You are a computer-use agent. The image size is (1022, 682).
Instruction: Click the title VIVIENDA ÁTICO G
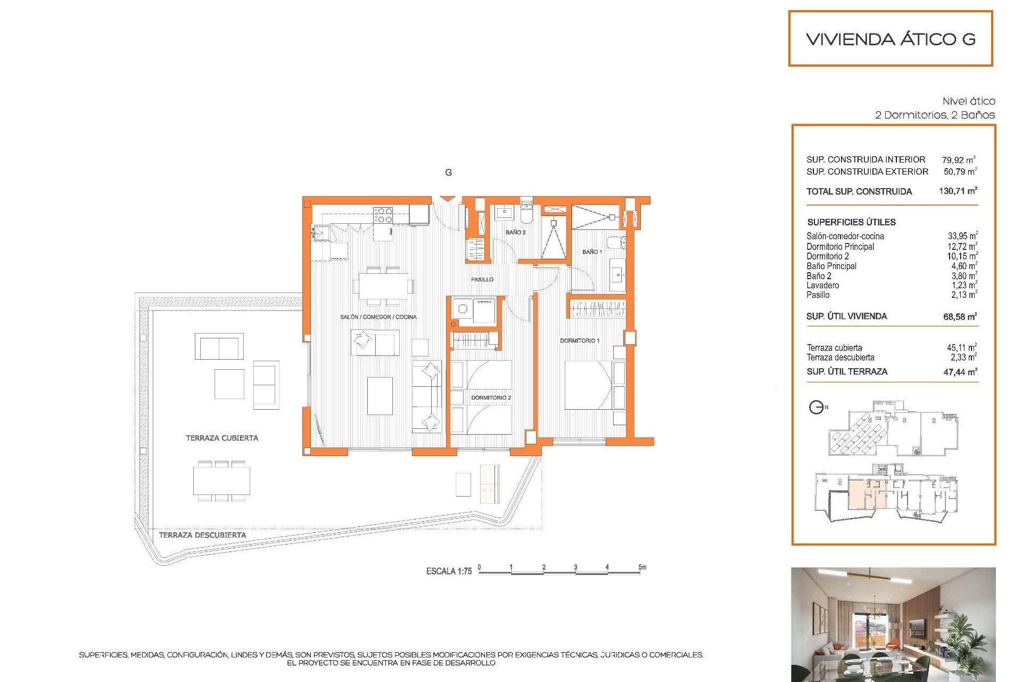(891, 39)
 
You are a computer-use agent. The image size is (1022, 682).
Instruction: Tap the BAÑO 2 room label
(515, 232)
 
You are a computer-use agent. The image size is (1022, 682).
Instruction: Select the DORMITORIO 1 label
(579, 340)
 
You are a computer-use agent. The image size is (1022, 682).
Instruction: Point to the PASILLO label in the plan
(482, 279)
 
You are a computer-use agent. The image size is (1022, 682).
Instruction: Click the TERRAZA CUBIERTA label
(221, 438)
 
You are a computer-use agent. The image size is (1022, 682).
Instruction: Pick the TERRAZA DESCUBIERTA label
(202, 535)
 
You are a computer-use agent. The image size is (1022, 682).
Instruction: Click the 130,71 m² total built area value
(958, 191)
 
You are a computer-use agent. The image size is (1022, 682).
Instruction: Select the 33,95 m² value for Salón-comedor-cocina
(962, 236)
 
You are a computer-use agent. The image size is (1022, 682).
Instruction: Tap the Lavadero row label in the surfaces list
(822, 286)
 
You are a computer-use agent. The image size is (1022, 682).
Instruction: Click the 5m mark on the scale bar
(642, 567)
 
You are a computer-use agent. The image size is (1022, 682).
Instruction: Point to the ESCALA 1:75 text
(449, 571)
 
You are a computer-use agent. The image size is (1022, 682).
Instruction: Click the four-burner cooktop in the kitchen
(383, 215)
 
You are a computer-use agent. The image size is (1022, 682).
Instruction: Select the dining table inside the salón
(383, 286)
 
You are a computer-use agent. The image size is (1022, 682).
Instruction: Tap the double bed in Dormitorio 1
(588, 385)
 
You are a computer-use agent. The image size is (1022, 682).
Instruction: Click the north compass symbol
(816, 408)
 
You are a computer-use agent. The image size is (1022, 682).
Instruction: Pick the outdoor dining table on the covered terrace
(221, 481)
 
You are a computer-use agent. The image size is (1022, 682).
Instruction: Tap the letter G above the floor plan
(448, 173)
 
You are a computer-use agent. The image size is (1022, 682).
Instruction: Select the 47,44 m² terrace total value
(960, 372)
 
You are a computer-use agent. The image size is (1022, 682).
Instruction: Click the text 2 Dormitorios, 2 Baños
(935, 115)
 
